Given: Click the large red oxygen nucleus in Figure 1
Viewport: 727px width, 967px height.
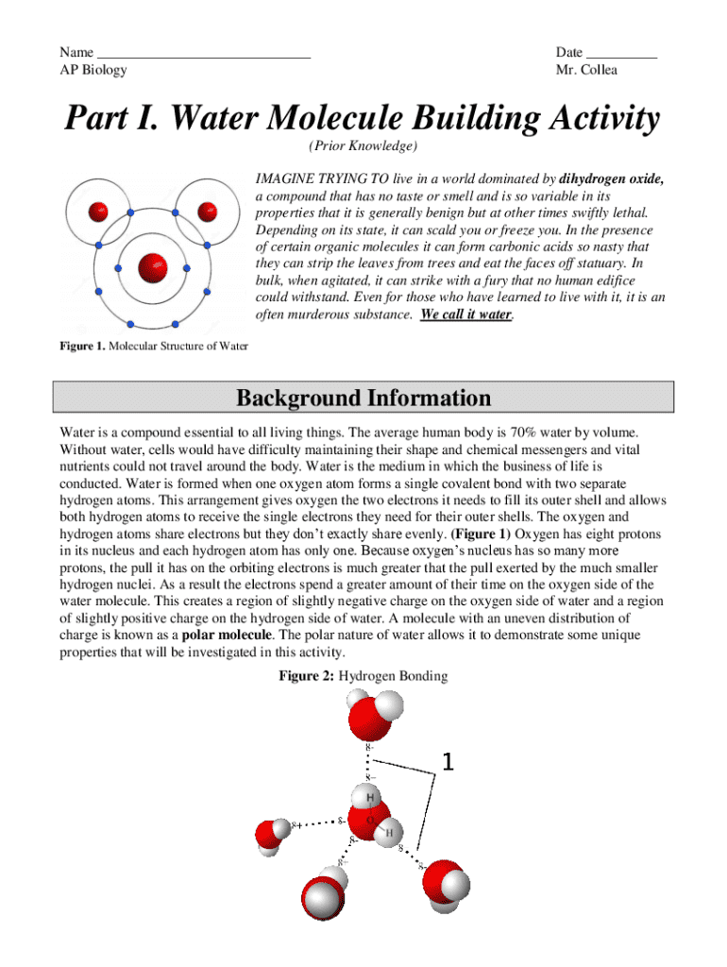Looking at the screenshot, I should pos(152,268).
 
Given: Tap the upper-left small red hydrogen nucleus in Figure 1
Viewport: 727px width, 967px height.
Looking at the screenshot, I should pos(98,211).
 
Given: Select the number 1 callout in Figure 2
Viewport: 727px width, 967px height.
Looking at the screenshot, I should pos(448,761).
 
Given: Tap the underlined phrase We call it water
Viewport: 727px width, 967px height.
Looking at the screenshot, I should pos(466,314).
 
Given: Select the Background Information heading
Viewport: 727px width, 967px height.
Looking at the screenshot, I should pos(363,398).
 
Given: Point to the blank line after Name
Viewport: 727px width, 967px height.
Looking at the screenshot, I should pos(204,53).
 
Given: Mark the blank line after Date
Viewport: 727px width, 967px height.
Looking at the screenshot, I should pos(621,53).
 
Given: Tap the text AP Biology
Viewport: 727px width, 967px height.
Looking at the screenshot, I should pos(93,70).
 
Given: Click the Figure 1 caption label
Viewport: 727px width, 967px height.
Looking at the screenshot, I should pos(82,346).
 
